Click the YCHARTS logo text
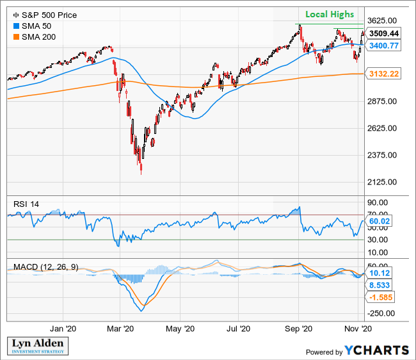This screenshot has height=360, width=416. [377, 350]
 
